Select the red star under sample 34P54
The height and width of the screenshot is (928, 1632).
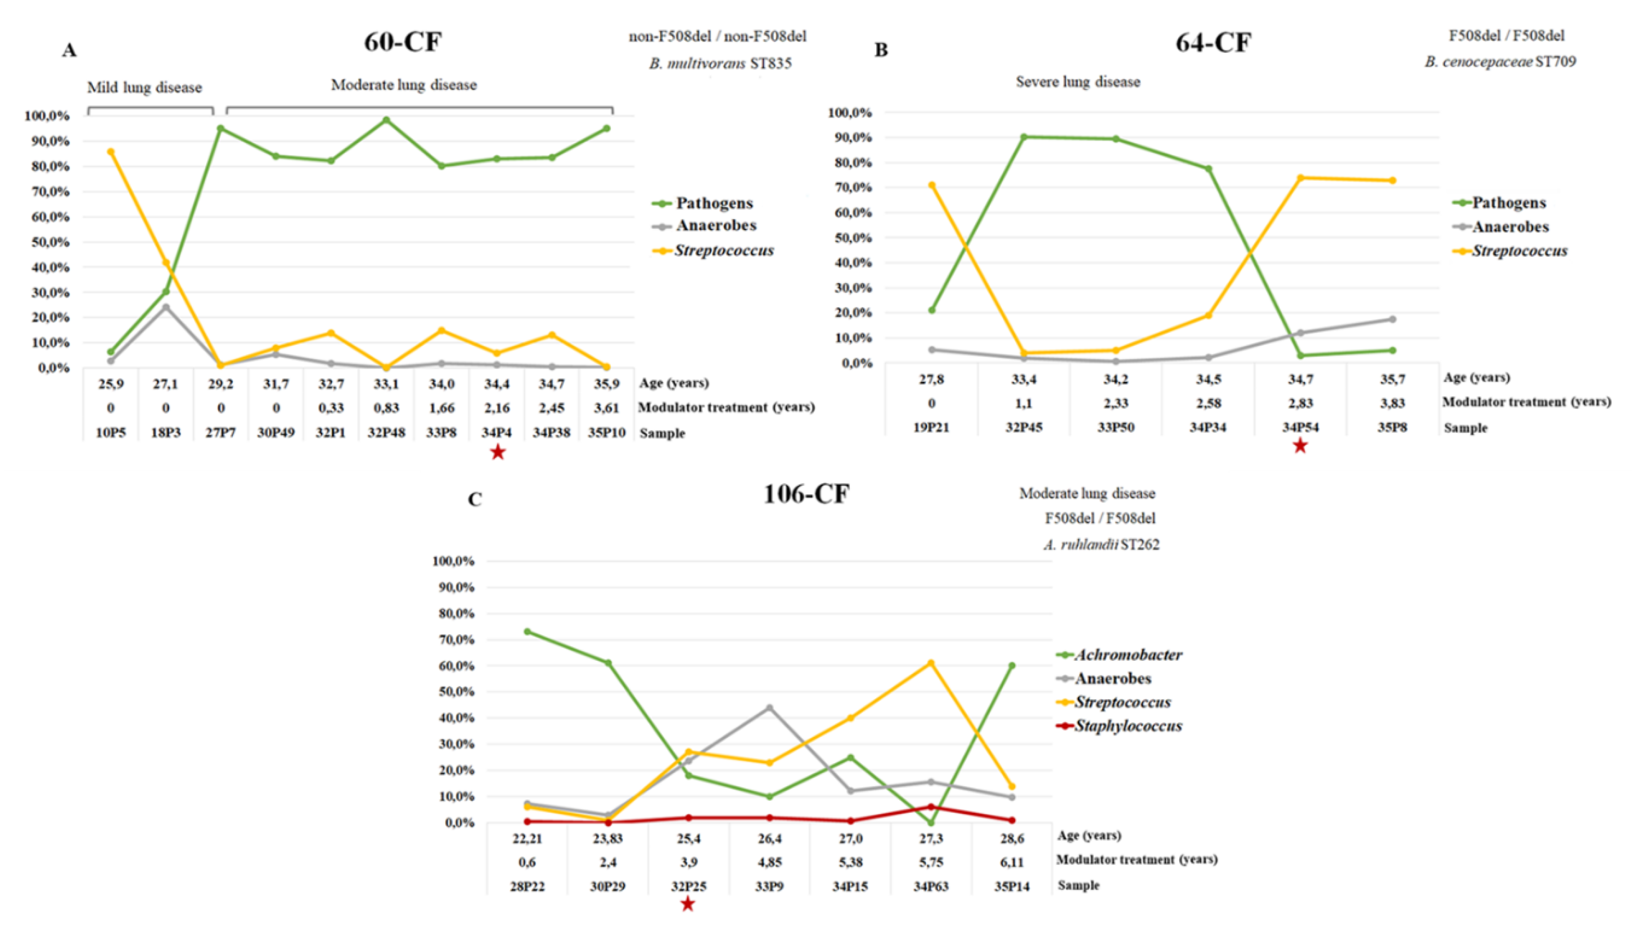1300,446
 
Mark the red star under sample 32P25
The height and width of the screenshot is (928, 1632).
687,904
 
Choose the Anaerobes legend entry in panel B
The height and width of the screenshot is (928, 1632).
1510,227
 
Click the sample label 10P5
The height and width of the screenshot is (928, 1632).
111,433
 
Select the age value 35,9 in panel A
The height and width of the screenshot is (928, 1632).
606,384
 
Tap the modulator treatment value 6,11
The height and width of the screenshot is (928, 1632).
1012,862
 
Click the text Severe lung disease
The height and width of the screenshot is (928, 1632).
1077,82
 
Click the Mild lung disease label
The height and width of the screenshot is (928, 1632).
145,87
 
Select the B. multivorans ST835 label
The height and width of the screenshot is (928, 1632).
720,64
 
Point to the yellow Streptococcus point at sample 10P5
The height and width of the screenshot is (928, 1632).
111,152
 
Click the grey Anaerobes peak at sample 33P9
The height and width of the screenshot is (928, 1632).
769,708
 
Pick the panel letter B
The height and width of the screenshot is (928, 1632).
881,50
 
